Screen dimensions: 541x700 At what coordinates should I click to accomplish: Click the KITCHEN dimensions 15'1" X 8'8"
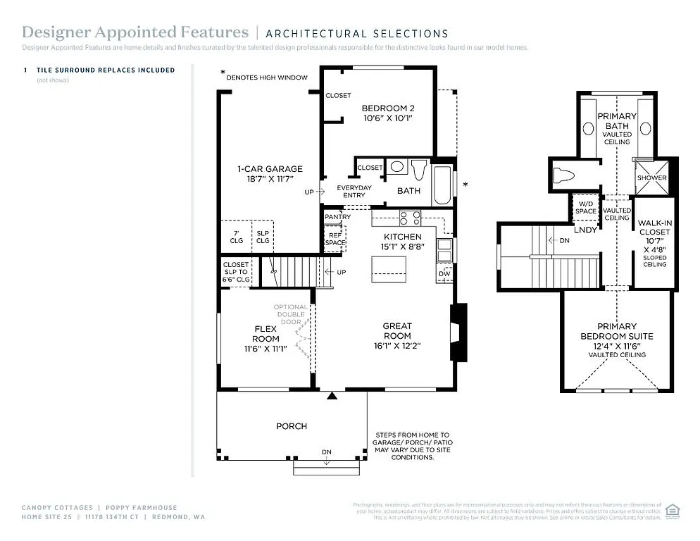pos(402,247)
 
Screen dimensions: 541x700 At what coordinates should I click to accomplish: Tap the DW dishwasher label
pos(444,273)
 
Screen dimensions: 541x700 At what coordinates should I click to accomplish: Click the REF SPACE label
pos(335,240)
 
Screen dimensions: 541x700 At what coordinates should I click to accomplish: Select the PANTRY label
pos(338,217)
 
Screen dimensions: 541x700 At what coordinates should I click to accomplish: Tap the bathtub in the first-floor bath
pos(444,185)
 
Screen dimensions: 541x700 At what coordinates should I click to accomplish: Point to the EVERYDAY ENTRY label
pos(354,191)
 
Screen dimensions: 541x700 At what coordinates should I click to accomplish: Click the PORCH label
pos(291,425)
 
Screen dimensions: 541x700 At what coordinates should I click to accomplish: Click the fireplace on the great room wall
pos(458,332)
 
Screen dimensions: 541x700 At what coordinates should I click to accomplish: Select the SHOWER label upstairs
pos(651,178)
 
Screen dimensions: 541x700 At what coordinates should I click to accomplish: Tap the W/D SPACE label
pos(586,208)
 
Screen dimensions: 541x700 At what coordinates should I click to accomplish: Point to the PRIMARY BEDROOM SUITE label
pos(617,331)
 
